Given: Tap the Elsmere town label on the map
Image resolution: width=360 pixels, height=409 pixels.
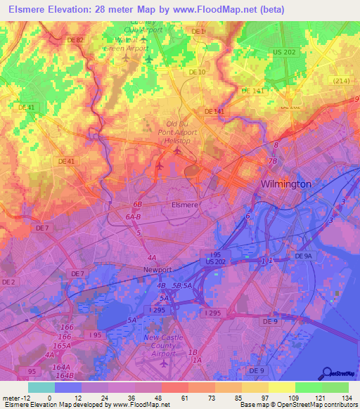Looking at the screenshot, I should (186, 205).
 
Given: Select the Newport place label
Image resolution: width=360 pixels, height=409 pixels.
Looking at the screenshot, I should (157, 269).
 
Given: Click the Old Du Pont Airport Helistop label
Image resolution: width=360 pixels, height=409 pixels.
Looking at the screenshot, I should (176, 131).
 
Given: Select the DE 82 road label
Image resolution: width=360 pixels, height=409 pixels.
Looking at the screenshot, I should (75, 39).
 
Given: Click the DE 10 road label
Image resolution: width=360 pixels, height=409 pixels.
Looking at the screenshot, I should (197, 72).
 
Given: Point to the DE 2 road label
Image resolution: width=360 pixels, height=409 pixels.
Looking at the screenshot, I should (8, 282).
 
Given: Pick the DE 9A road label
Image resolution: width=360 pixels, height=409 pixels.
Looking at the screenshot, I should (302, 257).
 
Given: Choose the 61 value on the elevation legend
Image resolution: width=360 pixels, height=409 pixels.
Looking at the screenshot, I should (176, 398).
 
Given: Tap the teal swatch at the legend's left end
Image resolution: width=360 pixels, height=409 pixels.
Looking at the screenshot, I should (41, 387).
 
